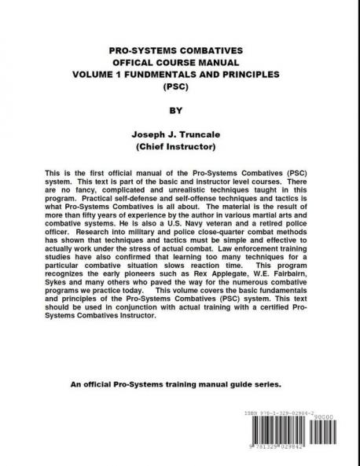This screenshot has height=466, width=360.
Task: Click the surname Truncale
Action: (212, 135)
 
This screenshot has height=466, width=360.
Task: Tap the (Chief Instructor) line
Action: (180, 147)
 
